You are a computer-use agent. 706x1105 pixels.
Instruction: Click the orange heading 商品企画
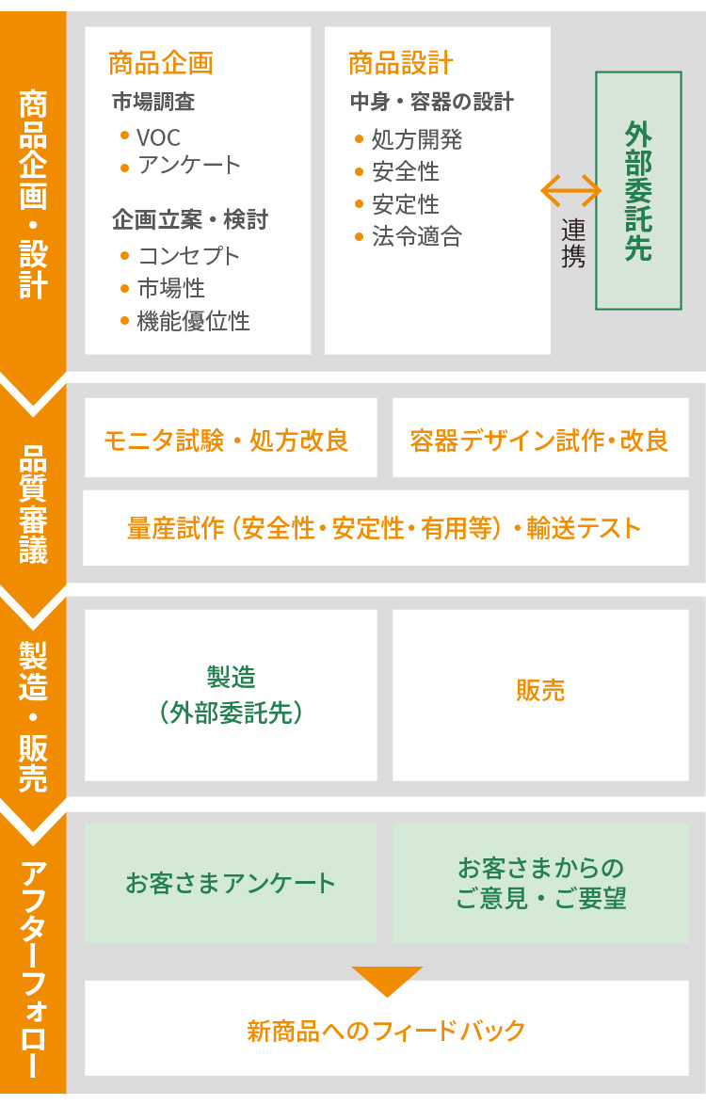(x=161, y=63)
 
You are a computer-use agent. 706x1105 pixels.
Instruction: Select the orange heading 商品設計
(x=400, y=63)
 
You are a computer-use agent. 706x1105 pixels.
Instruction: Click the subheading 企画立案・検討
(x=189, y=220)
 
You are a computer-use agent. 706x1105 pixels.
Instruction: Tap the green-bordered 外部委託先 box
(x=638, y=190)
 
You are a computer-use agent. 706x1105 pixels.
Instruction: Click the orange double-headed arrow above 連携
(x=570, y=190)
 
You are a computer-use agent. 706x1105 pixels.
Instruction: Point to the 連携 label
(x=573, y=243)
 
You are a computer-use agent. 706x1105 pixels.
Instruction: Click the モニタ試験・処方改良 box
(x=232, y=438)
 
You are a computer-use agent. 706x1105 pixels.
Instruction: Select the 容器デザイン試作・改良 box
(x=540, y=438)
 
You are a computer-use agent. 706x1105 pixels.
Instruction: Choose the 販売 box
(x=540, y=695)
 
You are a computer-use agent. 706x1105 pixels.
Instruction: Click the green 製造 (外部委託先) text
(x=232, y=695)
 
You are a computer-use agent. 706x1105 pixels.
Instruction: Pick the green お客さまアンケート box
(x=232, y=883)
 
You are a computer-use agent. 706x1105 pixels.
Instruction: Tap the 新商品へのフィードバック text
(x=386, y=1031)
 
